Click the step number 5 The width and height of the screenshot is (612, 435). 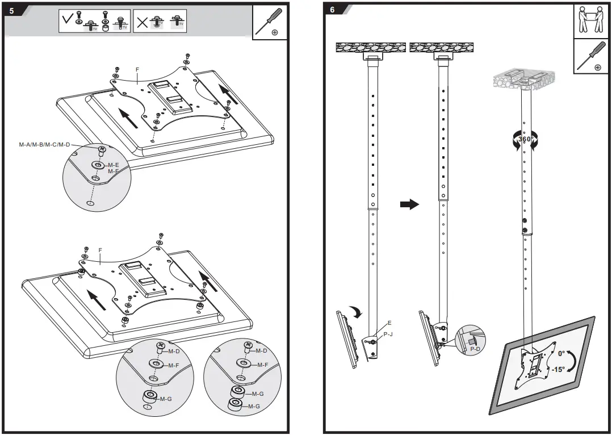(12, 10)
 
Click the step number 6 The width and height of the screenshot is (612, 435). (332, 10)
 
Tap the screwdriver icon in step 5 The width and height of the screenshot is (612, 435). (267, 23)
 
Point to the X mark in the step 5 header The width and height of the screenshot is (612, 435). (141, 23)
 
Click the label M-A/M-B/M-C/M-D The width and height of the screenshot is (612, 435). (44, 145)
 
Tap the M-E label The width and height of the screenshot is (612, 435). (113, 165)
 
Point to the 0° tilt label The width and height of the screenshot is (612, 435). (561, 353)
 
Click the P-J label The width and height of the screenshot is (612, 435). (388, 334)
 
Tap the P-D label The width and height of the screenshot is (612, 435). (475, 349)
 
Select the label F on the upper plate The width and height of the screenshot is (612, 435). (137, 70)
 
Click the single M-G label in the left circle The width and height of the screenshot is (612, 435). (165, 399)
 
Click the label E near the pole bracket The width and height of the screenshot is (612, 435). (389, 323)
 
